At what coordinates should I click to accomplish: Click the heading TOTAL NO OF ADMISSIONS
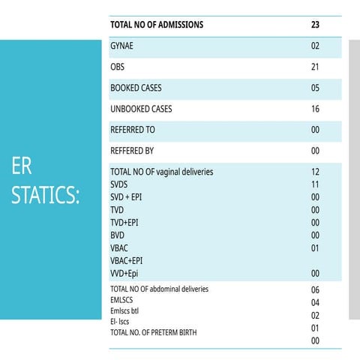coord(157,25)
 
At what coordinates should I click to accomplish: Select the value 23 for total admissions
coord(315,25)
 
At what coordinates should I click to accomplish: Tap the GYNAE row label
coord(121,46)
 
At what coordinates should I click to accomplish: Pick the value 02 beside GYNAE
coord(315,46)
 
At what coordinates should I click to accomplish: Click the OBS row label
coord(117,67)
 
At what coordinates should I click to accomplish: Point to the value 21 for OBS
coord(315,67)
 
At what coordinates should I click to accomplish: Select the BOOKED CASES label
coord(136,88)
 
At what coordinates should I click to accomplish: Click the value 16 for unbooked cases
coord(315,109)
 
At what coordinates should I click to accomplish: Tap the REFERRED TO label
coord(133,130)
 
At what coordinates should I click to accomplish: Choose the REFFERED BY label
coord(132,151)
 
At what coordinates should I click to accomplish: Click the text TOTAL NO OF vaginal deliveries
coord(162,172)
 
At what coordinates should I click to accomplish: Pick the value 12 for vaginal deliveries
coord(315,172)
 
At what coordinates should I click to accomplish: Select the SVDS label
coord(119,184)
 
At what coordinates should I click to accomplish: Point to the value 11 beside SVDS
coord(315,184)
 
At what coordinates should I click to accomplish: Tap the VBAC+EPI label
coord(127,261)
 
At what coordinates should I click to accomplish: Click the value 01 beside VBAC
coord(315,248)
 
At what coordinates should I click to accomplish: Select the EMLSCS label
coord(121,300)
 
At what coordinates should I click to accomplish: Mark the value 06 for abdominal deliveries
coord(315,289)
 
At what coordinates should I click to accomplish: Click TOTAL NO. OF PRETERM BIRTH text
coord(154,332)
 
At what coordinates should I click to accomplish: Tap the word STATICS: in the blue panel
coord(46,195)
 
